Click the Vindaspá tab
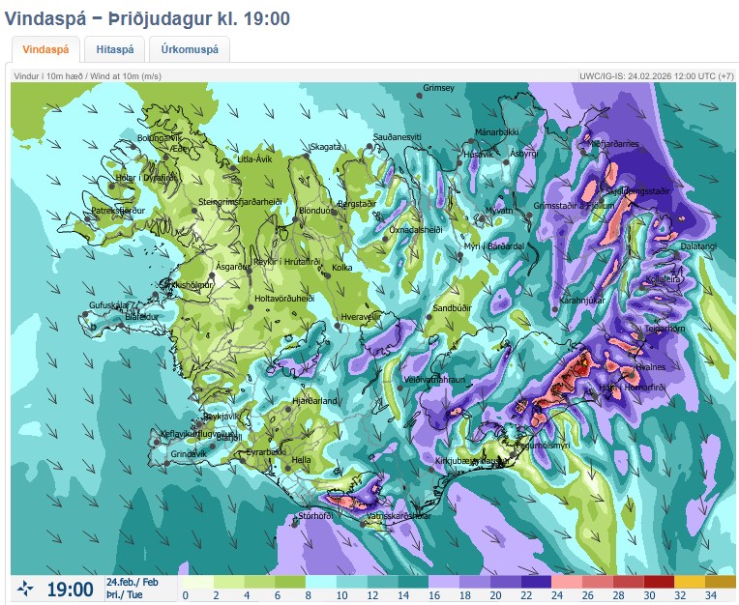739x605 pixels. coord(45,49)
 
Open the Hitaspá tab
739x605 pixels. coord(114,49)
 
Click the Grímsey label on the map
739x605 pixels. coord(438,89)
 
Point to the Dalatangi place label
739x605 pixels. coord(698,246)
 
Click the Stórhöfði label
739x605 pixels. coord(315,516)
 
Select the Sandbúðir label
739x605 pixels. coord(452,308)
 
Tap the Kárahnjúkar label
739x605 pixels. coord(581,301)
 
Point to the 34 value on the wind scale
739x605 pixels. coord(712,595)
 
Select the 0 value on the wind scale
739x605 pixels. coord(185,595)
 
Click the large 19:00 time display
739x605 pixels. coord(71,588)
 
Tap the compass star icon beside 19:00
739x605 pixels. coord(26,588)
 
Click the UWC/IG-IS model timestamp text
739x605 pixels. coord(656,75)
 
